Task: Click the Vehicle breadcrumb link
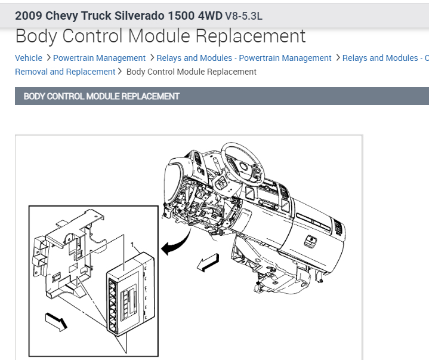click(x=29, y=58)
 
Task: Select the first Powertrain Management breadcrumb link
click(x=99, y=58)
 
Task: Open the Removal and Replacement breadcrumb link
click(x=65, y=72)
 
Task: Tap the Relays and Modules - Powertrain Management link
click(x=244, y=58)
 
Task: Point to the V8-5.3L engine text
click(x=243, y=16)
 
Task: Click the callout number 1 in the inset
click(x=132, y=245)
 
